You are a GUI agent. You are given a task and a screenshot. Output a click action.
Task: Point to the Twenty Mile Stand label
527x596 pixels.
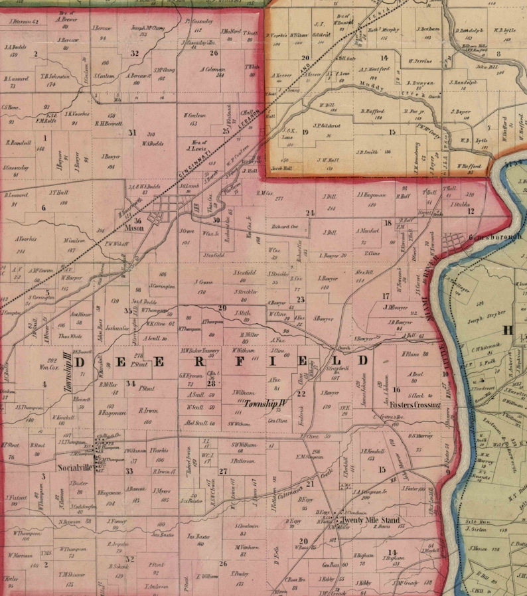point(369,520)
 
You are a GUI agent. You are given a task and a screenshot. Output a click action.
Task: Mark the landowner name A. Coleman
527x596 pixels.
point(212,69)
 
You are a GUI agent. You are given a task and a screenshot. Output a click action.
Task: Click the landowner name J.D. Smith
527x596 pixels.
point(366,152)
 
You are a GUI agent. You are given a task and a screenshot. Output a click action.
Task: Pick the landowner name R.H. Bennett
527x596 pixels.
point(110,123)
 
